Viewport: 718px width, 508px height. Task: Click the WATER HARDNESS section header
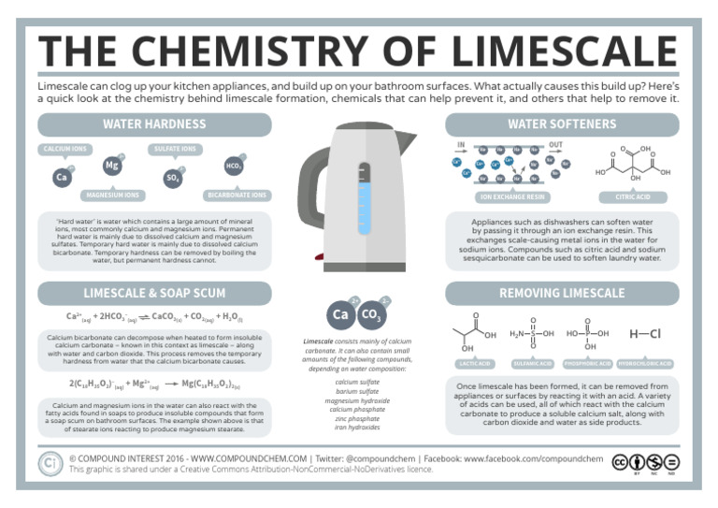[x=154, y=124]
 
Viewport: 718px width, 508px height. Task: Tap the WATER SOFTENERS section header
[x=562, y=124]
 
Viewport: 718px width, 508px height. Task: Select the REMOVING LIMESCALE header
[x=562, y=293]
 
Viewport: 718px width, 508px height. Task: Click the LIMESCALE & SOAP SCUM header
[x=154, y=293]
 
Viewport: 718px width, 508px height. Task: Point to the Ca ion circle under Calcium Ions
[x=62, y=176]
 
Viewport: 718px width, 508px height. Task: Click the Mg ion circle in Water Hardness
[x=112, y=166]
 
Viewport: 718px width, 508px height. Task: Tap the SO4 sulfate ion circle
[x=173, y=176]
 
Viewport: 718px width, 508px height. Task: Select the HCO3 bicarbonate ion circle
[x=233, y=166]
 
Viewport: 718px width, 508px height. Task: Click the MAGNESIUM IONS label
[x=111, y=196]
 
